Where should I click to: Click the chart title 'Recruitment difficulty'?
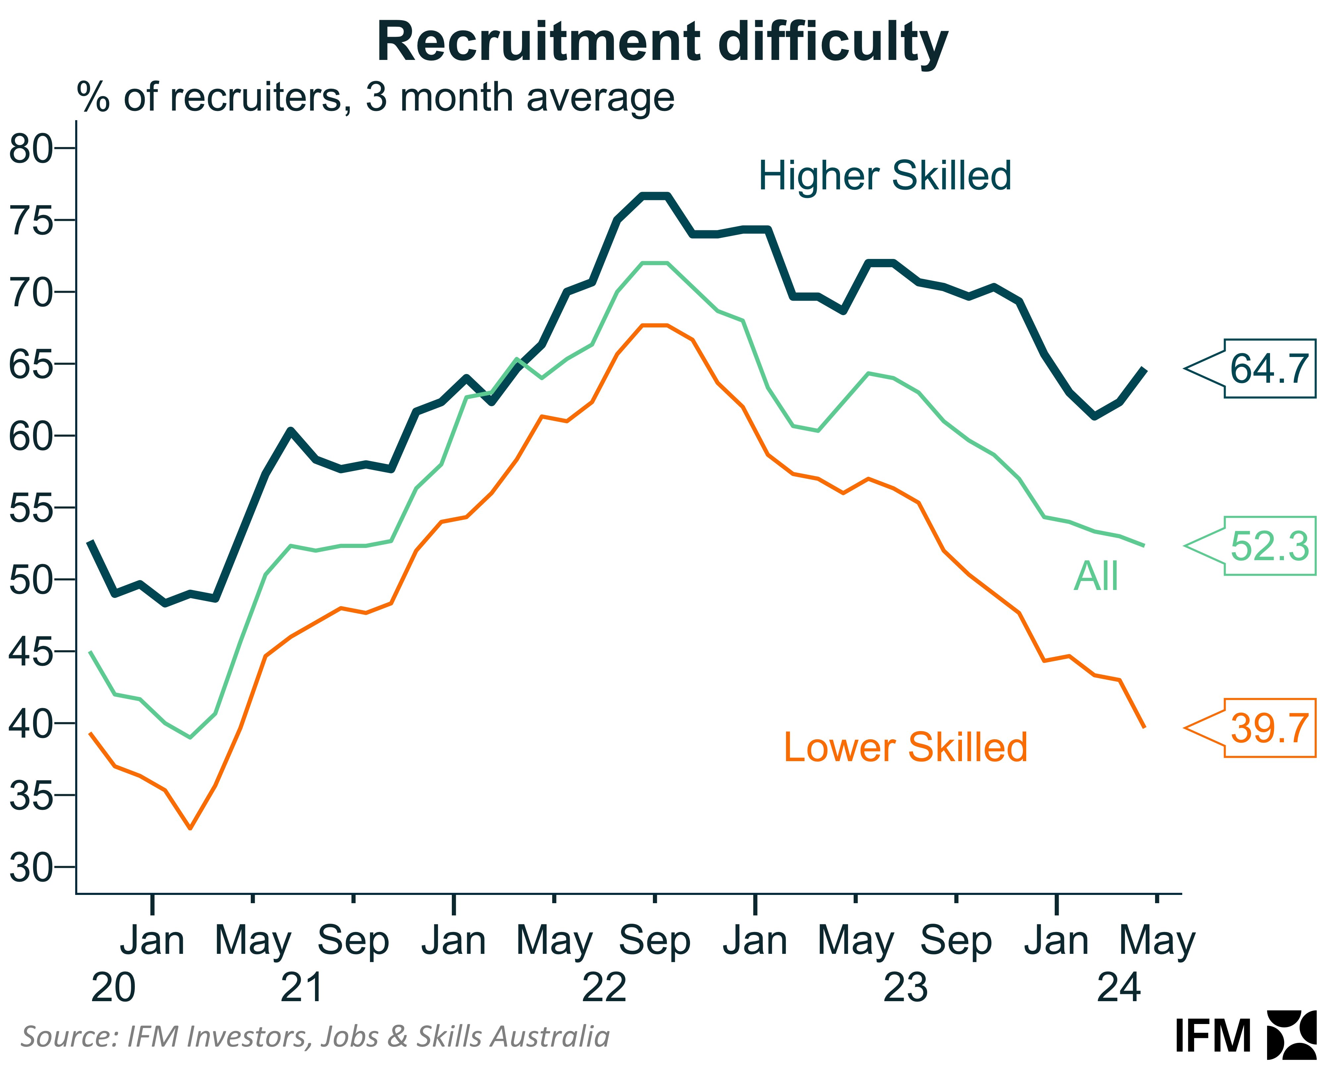pyautogui.click(x=662, y=42)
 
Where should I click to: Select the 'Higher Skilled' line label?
pyautogui.click(x=885, y=175)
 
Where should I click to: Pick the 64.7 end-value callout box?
pyautogui.click(x=1269, y=369)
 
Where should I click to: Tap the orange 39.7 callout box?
pyautogui.click(x=1269, y=728)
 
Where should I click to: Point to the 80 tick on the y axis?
pyautogui.click(x=31, y=149)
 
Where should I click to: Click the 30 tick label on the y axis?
pyautogui.click(x=31, y=868)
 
